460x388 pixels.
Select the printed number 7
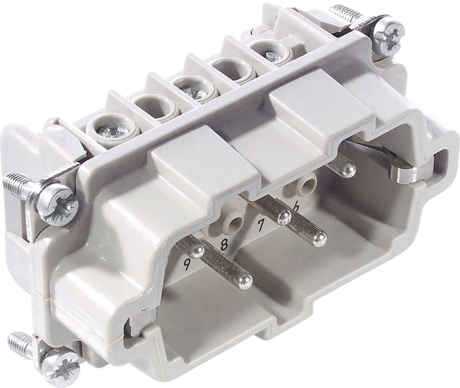(260, 225)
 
